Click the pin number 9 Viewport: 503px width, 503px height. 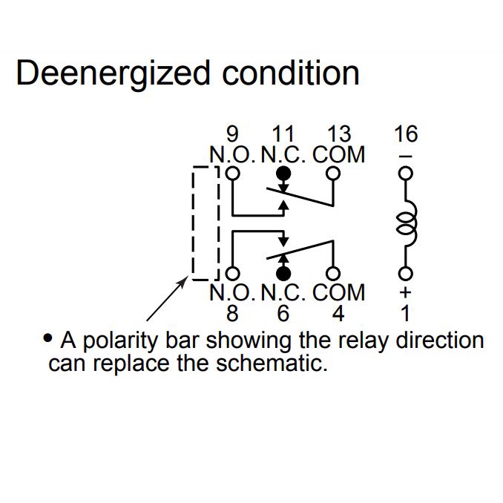(233, 134)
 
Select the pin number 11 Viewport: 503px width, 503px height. (283, 134)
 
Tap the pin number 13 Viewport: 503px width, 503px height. (338, 134)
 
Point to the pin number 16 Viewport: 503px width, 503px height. (406, 134)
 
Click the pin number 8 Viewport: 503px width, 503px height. (233, 313)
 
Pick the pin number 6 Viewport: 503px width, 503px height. (283, 313)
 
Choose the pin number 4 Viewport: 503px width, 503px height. (338, 313)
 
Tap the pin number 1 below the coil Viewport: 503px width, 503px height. (406, 313)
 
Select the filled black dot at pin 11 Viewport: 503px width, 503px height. (283, 174)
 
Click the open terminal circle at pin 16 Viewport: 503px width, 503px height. (405, 174)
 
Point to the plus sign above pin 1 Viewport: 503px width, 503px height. (405, 293)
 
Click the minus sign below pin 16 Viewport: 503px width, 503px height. (405, 157)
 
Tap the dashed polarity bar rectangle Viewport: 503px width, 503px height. (205, 223)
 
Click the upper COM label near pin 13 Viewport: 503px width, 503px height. (339, 154)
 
